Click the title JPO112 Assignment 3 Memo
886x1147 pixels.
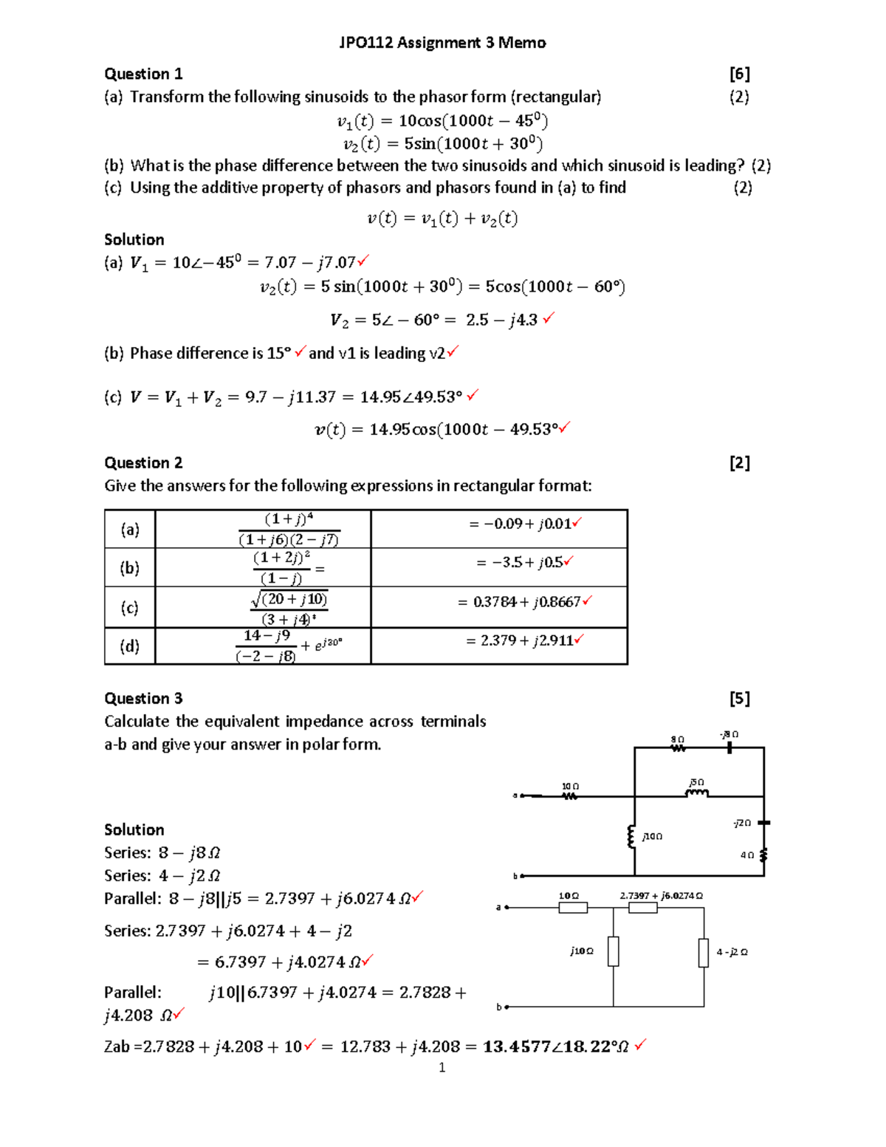point(442,43)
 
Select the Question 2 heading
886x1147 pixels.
point(143,463)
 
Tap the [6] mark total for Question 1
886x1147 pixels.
point(739,74)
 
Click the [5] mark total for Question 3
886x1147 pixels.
point(739,699)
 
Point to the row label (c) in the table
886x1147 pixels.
point(130,607)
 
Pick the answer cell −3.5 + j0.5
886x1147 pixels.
point(520,563)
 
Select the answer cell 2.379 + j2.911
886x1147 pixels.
point(520,640)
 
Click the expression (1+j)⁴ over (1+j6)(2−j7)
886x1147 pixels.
point(289,529)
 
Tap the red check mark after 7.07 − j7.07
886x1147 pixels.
point(363,261)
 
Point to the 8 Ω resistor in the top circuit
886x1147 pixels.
point(678,748)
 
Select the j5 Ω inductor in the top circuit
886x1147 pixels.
point(697,794)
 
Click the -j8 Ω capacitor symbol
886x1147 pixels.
point(729,747)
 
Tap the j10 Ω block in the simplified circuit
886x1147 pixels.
point(614,951)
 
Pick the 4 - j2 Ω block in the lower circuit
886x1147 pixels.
point(704,952)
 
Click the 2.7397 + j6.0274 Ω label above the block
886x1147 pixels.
point(661,896)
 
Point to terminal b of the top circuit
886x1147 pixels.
point(521,876)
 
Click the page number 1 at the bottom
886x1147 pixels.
point(442,1067)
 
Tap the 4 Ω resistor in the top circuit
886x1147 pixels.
point(763,855)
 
